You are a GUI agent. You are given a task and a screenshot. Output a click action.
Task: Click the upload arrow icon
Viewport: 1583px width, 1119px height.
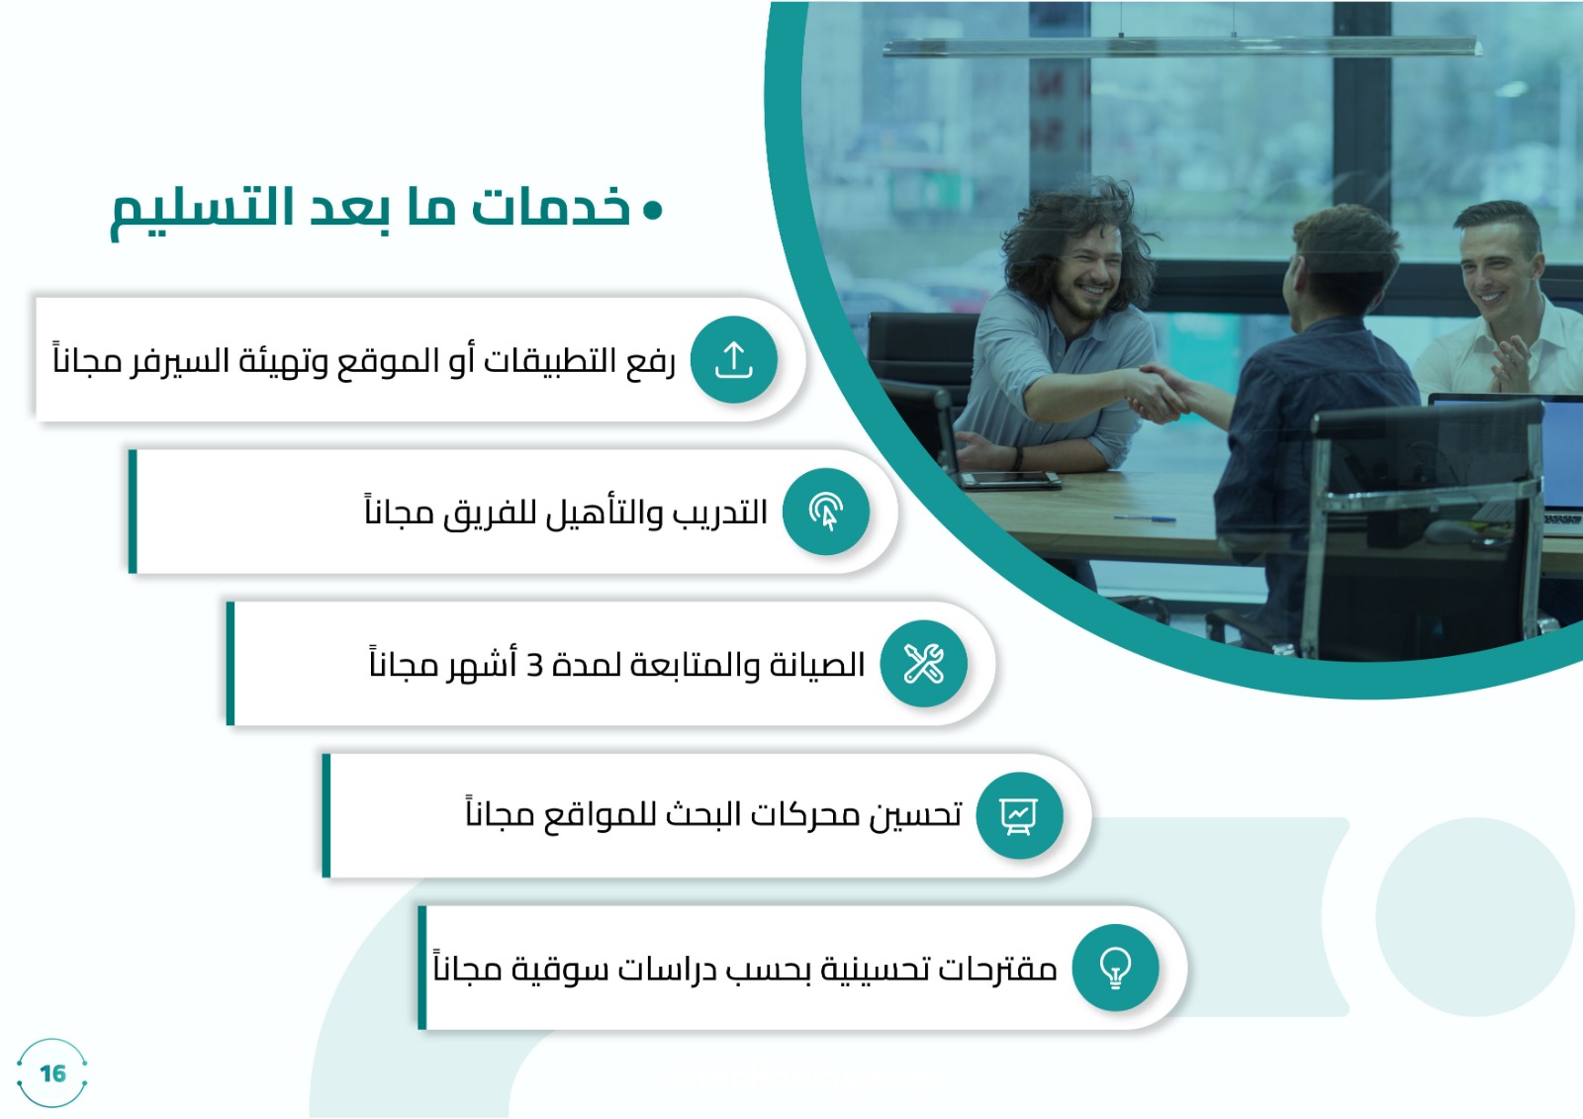pyautogui.click(x=733, y=360)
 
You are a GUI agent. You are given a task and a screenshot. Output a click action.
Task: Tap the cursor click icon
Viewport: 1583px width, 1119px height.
pyautogui.click(x=825, y=512)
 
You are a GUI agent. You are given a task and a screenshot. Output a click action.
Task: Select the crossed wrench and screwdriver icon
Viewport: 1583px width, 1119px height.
pyautogui.click(x=923, y=664)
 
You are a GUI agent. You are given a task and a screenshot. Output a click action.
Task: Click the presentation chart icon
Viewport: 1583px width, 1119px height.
pyautogui.click(x=1019, y=815)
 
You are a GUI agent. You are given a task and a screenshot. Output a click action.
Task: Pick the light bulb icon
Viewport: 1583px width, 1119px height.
pyautogui.click(x=1115, y=968)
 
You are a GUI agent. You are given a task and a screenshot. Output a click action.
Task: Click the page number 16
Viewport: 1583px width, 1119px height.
pyautogui.click(x=53, y=1073)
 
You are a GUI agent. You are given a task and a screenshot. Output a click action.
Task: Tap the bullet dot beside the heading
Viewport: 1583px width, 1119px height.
pyautogui.click(x=653, y=209)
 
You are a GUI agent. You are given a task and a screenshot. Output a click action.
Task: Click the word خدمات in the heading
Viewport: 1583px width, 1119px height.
pyautogui.click(x=550, y=207)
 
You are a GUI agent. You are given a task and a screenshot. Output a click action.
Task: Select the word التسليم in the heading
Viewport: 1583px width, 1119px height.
pyautogui.click(x=202, y=211)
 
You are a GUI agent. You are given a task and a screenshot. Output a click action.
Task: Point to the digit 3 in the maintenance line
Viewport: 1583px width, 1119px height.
pyautogui.click(x=535, y=666)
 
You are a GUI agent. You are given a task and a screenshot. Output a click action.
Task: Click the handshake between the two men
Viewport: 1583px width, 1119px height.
pyautogui.click(x=1159, y=393)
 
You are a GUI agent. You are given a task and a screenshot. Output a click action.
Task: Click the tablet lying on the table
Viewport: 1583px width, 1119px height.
pyautogui.click(x=1009, y=480)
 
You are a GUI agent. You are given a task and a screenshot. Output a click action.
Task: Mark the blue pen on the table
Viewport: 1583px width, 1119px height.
pyautogui.click(x=1145, y=518)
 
